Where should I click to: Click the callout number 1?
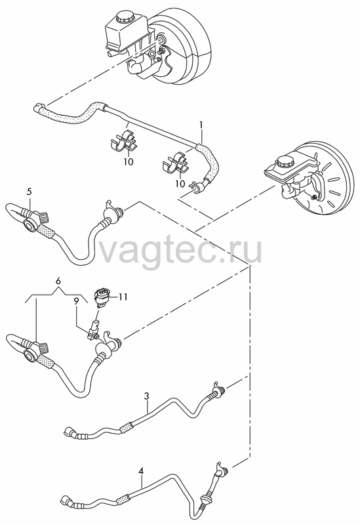[x=201, y=125]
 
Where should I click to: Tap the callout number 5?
[x=30, y=192]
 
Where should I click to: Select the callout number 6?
[x=58, y=282]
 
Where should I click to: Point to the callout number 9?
[x=77, y=301]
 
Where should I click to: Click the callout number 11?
[x=123, y=297]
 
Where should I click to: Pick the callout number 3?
[x=146, y=396]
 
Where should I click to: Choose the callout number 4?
[x=141, y=471]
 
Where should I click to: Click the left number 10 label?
[x=128, y=161]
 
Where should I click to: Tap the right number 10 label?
[x=180, y=184]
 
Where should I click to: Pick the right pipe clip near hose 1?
[x=175, y=163]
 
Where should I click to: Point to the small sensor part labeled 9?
[x=94, y=331]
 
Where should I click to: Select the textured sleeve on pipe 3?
[x=127, y=427]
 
